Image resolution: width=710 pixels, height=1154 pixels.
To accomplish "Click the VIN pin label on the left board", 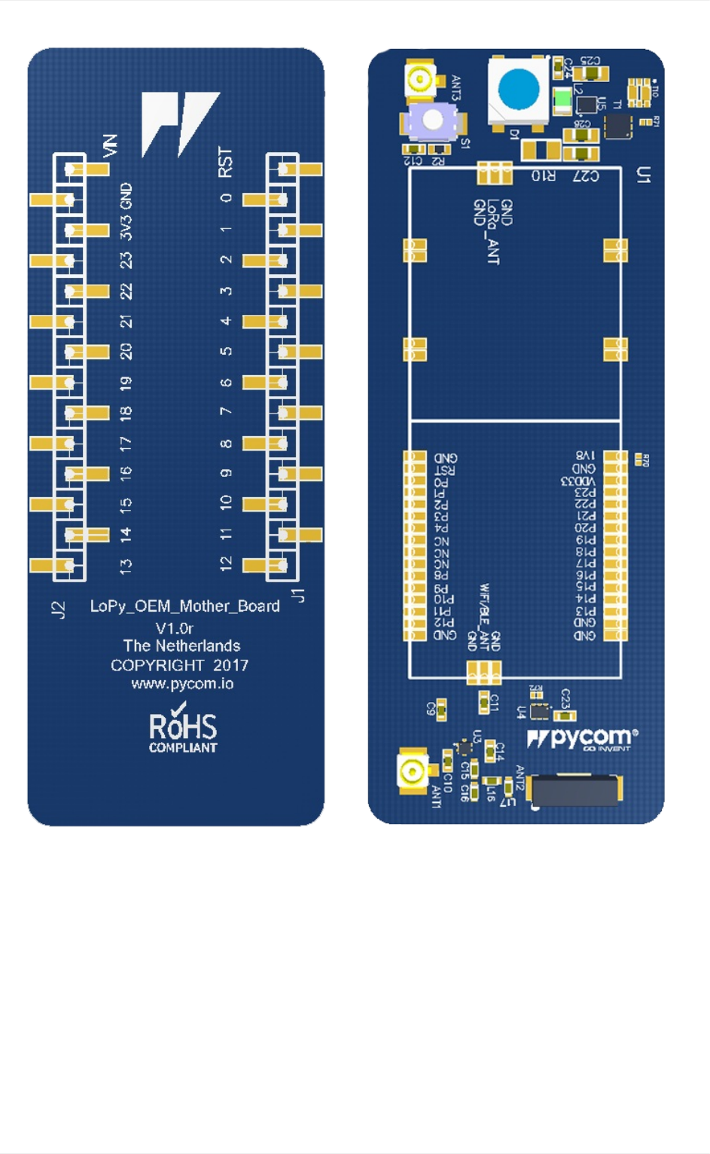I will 110,145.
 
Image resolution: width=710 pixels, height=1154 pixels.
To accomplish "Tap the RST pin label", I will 225,162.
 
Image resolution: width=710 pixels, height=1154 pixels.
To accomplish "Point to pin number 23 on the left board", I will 126,261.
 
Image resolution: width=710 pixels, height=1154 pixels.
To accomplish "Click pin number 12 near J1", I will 225,563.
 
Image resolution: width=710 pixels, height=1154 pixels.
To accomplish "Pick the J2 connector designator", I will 58,609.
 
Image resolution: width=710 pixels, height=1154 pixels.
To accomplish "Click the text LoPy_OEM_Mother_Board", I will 184,606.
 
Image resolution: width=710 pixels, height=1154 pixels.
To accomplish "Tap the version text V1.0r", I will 175,628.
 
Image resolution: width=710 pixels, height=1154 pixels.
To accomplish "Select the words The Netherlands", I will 181,646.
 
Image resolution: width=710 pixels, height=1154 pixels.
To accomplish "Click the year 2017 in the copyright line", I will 230,666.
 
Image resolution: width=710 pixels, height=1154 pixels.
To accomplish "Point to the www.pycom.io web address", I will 182,684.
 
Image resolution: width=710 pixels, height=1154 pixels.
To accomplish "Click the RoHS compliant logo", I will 182,729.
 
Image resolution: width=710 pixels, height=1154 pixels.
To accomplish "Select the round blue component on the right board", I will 518,89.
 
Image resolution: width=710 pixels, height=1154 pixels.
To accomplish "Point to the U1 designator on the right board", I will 643,176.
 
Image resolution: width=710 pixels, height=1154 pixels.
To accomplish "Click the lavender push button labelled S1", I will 432,120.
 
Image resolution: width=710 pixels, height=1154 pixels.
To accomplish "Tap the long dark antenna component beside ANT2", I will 575,790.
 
